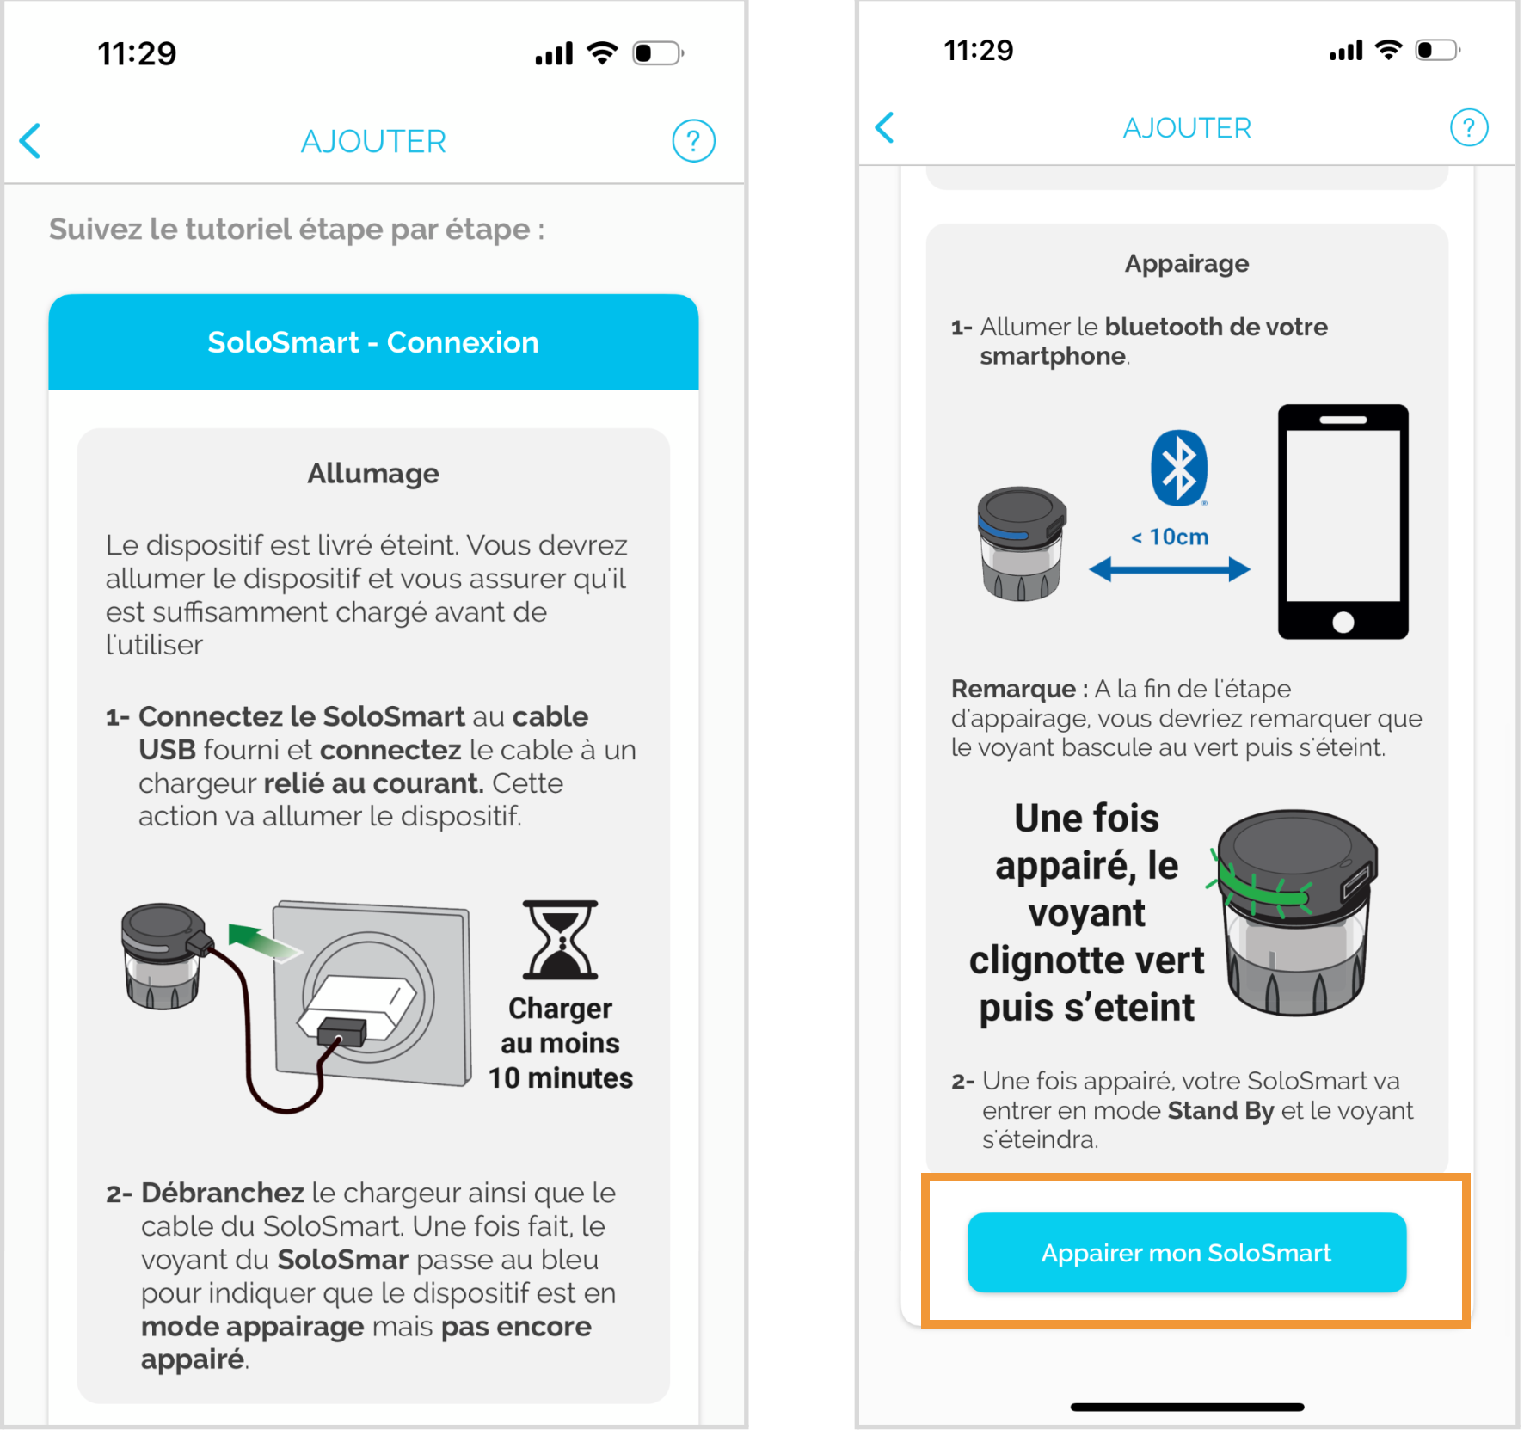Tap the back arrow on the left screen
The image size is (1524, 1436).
click(31, 141)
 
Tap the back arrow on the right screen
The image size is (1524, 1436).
click(885, 127)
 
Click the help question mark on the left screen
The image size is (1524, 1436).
click(693, 141)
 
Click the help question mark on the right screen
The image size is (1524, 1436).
click(1469, 127)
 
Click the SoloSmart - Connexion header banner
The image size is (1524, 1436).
click(373, 342)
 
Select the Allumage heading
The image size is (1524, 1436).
click(373, 473)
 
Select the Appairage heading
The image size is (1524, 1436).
click(1187, 263)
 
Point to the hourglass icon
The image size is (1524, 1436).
click(560, 940)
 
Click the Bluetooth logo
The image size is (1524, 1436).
click(1179, 468)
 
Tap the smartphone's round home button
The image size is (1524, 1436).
click(1343, 622)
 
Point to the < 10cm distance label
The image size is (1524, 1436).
click(1170, 537)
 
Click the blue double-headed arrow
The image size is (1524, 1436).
click(1170, 568)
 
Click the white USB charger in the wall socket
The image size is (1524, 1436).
click(357, 1009)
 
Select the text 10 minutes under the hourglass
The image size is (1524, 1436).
click(561, 1077)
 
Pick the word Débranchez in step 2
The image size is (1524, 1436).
click(223, 1193)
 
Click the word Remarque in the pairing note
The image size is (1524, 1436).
click(1013, 689)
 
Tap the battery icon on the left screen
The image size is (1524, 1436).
click(657, 53)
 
